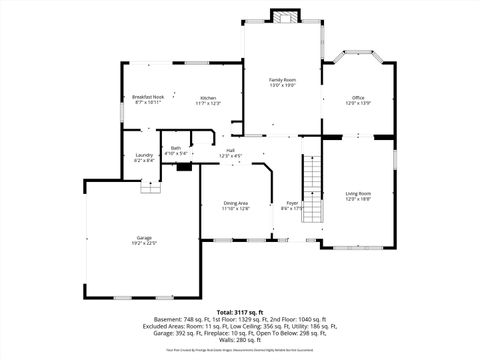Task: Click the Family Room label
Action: (x=282, y=79)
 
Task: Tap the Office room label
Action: (x=358, y=98)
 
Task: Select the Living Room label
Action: (x=358, y=193)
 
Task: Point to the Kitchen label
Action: (x=207, y=98)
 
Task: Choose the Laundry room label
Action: (x=144, y=155)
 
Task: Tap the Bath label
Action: (x=176, y=148)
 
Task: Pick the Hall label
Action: (x=231, y=150)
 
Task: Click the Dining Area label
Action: (x=236, y=203)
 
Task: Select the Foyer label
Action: (x=292, y=203)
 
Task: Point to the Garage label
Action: (x=145, y=237)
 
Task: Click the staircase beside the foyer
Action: (x=314, y=180)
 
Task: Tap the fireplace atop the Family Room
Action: (x=283, y=17)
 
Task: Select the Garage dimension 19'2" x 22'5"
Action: (x=145, y=243)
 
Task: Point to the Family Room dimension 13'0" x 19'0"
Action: (x=282, y=85)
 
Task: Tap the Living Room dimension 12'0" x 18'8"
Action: (x=358, y=199)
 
